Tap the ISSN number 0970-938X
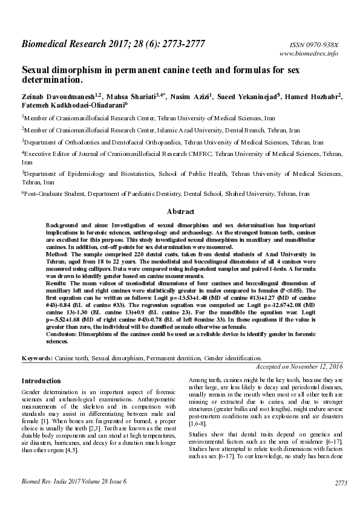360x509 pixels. click(324, 45)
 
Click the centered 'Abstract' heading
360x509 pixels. click(180, 212)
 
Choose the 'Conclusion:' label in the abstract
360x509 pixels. click(64, 334)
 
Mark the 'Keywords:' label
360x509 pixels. click(37, 358)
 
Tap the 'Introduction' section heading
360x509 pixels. click(41, 381)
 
